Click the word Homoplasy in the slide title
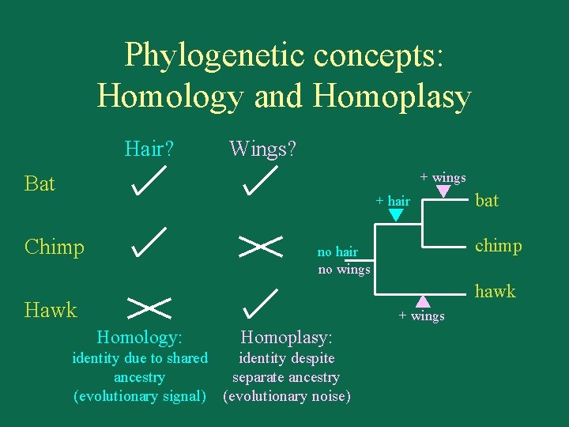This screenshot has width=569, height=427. [x=393, y=96]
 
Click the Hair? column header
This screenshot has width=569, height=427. [x=149, y=148]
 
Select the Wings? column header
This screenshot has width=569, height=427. [x=262, y=148]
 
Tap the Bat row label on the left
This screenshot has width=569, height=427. [x=40, y=184]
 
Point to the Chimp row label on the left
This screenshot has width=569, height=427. [x=54, y=247]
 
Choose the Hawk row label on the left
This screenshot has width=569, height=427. [x=51, y=309]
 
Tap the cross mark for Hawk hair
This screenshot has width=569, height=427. [x=149, y=304]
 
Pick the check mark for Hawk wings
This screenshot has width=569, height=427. [x=260, y=304]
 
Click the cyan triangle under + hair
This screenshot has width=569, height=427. [x=398, y=214]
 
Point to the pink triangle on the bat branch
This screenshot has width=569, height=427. [x=443, y=191]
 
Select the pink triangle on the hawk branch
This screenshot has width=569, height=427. [x=423, y=300]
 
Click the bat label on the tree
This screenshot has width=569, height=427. [x=487, y=201]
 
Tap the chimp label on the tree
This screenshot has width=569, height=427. [x=499, y=246]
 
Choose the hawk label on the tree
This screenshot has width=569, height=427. [x=495, y=291]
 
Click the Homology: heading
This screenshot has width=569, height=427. [x=139, y=338]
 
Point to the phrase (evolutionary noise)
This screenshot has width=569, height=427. [x=287, y=396]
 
